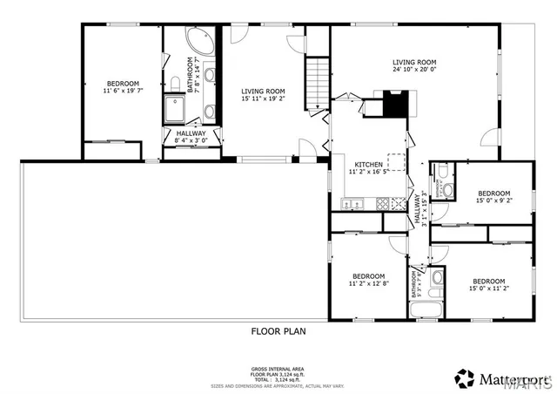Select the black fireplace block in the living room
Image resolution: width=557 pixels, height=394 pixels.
397,103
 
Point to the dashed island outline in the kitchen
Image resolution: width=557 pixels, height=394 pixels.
397,163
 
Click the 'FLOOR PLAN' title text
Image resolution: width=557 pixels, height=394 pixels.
278,331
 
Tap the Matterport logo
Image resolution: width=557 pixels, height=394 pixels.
500,377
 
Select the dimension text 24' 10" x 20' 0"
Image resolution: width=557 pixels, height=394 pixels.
413,71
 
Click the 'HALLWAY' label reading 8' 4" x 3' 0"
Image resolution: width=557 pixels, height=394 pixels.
191,139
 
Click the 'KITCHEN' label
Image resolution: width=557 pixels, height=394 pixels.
370,165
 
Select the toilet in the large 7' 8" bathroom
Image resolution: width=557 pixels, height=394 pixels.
174,84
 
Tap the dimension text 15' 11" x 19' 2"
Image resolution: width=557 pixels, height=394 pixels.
263,98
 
